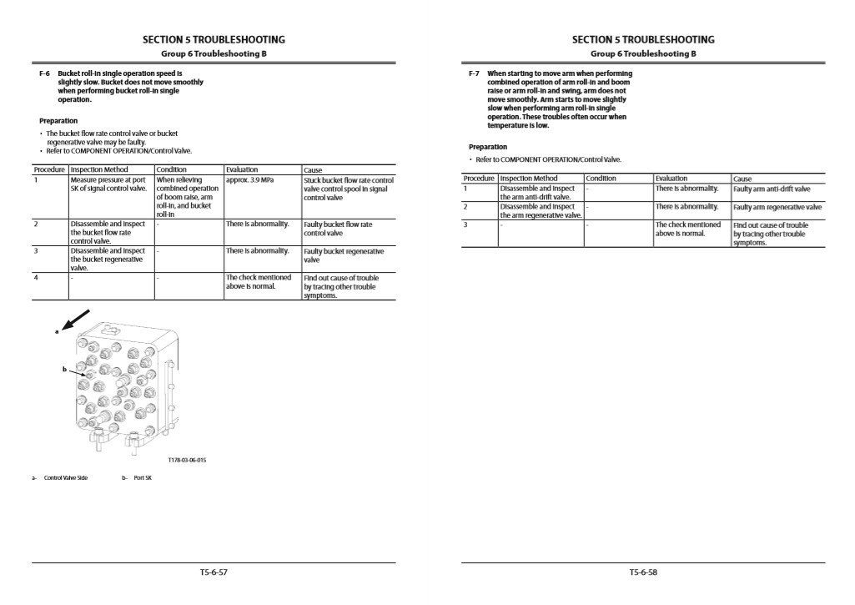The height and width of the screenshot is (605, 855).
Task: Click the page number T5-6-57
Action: pos(214,572)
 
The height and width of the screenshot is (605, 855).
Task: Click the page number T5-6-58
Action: pos(643,572)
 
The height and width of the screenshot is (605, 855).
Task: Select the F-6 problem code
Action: pos(45,73)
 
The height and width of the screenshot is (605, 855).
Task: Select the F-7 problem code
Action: pos(474,73)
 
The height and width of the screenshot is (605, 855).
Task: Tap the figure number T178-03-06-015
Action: pos(187,460)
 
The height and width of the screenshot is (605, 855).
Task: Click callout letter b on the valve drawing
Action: pos(64,368)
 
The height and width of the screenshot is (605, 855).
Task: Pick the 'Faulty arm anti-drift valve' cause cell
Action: pos(772,189)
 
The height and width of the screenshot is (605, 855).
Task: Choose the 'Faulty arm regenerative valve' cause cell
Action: pos(777,207)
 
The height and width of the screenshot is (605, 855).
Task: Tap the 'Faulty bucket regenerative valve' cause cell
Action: pos(344,255)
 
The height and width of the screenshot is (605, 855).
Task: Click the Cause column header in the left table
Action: pos(313,170)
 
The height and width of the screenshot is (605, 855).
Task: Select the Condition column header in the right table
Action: pos(601,179)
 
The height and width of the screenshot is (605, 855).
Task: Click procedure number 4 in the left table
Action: pos(36,277)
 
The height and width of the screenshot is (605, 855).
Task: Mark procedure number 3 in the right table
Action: pos(465,224)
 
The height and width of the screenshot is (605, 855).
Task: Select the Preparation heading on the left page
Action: pos(58,121)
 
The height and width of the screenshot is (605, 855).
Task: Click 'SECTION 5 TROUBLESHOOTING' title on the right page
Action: pos(643,39)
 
